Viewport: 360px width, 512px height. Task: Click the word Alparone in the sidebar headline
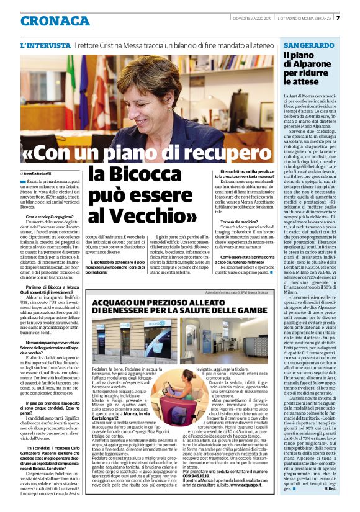pos(308,65)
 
